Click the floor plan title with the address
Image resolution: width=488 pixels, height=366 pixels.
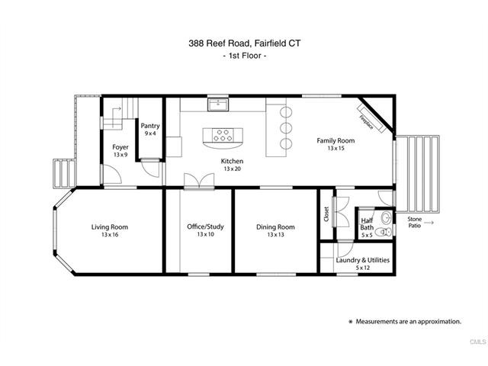(243, 43)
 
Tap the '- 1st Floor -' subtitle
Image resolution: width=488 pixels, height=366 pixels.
(243, 58)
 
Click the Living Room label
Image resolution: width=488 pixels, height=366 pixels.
(109, 226)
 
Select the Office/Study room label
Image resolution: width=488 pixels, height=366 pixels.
(205, 226)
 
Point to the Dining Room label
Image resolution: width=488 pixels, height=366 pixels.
(275, 226)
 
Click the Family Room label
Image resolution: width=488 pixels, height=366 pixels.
(336, 140)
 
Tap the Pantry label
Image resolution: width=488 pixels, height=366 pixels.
(149, 126)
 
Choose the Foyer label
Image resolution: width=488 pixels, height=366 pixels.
(120, 146)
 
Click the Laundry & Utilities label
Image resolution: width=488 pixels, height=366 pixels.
(363, 260)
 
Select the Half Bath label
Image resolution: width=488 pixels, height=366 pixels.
(367, 224)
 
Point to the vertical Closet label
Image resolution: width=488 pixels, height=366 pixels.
(326, 214)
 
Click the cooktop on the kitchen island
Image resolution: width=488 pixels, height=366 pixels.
(223, 136)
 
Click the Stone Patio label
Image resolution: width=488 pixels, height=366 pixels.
(414, 222)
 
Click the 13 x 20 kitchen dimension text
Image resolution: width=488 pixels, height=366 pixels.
(232, 169)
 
